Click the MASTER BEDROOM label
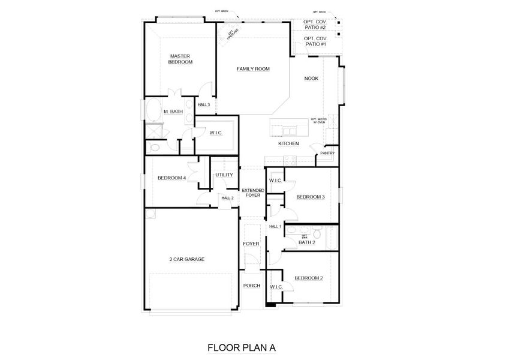click(180, 59)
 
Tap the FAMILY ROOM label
click(252, 69)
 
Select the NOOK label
click(311, 79)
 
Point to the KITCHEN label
click(288, 144)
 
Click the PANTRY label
click(327, 153)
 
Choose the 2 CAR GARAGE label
click(186, 259)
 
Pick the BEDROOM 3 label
click(311, 197)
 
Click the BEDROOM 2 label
click(309, 278)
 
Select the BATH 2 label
click(306, 242)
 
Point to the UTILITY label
click(224, 175)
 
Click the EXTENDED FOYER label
click(252, 193)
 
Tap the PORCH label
click(251, 286)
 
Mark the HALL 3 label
click(204, 105)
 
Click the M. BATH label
click(173, 112)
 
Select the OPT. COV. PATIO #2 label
click(315, 25)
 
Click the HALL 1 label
click(275, 226)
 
